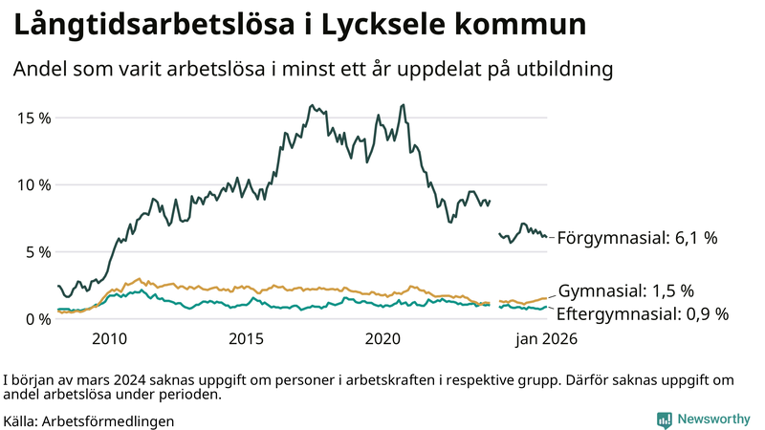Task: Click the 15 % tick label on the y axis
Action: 33,118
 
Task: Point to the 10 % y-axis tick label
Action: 33,184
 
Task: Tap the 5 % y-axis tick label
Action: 37,251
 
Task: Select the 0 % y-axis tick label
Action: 37,318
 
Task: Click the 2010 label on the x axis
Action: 109,338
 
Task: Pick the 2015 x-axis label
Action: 246,338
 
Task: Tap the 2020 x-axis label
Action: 382,338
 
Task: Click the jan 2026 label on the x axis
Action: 546,338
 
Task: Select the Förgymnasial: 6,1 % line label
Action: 637,238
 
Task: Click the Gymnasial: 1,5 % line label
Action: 625,291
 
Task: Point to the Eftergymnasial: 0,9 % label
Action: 643,313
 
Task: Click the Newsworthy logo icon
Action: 664,419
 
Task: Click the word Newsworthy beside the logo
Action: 713,419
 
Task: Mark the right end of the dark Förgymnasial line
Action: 546,237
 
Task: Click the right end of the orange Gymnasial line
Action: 546,298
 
